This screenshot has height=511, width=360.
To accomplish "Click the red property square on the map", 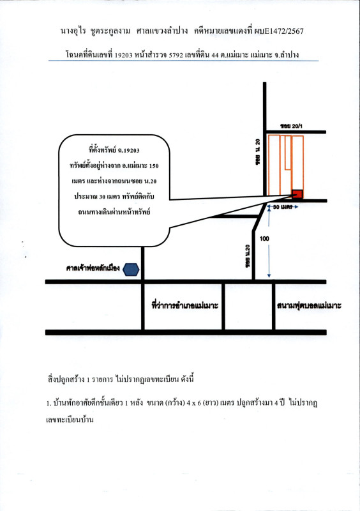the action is click(x=297, y=194).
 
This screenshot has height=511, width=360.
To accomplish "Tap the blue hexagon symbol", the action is click(x=131, y=270).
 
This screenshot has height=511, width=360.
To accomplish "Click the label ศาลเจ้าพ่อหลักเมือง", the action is click(x=93, y=268).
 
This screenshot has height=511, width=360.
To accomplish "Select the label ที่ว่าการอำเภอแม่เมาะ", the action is click(x=184, y=306).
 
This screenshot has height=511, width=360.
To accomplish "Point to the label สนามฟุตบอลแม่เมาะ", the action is click(x=309, y=306).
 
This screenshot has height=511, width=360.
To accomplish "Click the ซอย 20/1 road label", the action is click(x=291, y=126).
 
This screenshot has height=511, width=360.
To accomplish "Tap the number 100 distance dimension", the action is click(x=264, y=238).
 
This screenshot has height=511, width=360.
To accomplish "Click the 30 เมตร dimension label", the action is click(x=282, y=206).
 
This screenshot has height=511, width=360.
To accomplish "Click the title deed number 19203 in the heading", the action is click(x=124, y=55).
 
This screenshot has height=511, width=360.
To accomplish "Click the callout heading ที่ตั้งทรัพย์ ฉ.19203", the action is click(x=114, y=150).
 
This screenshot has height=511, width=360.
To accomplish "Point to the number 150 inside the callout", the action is click(x=153, y=166).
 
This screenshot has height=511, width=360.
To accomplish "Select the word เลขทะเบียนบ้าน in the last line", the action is click(x=70, y=420).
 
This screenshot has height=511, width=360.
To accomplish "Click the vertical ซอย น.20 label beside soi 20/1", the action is click(x=258, y=152).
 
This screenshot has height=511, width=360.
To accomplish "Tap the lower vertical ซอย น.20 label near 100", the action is click(x=248, y=257).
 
